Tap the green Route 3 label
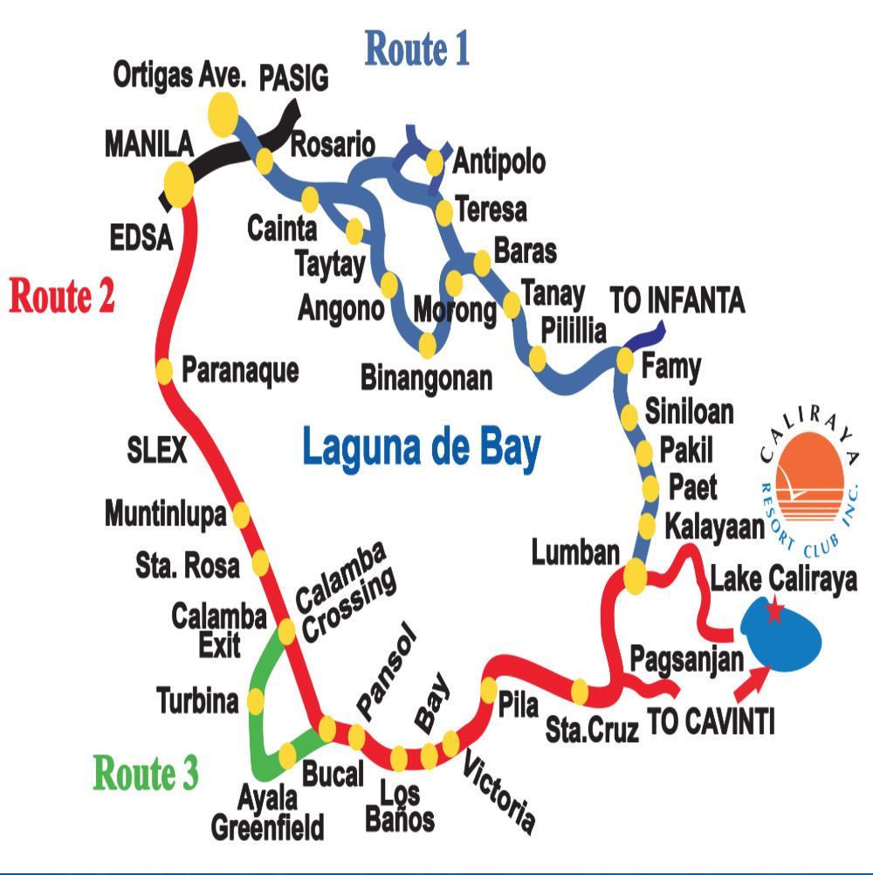click(x=146, y=773)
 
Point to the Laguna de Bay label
click(x=422, y=448)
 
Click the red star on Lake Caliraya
click(x=773, y=612)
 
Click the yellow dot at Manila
click(x=178, y=185)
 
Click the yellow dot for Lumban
click(x=634, y=575)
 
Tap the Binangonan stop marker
click(x=427, y=346)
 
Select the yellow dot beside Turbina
click(x=256, y=700)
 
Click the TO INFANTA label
click(x=677, y=302)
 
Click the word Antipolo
click(x=499, y=162)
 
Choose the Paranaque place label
click(x=239, y=370)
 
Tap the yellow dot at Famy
click(x=625, y=359)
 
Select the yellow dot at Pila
click(x=489, y=688)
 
